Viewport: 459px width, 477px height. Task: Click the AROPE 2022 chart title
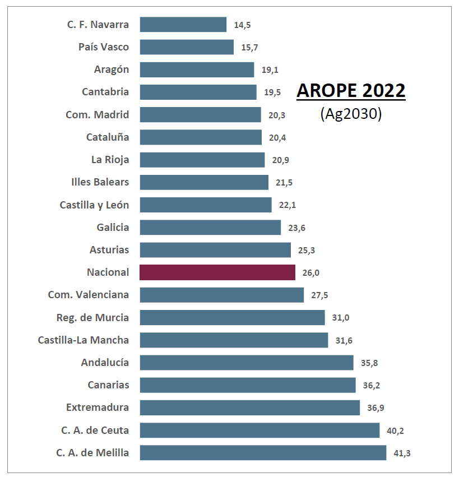point(351,90)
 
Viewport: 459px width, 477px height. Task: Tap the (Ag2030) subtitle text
point(351,113)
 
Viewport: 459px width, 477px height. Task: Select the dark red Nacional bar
point(217,272)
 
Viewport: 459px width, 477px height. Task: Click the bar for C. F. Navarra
point(183,25)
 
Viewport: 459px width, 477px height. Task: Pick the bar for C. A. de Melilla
point(263,453)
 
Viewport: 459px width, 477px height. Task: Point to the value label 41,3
point(402,453)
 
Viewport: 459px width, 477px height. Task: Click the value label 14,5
point(242,25)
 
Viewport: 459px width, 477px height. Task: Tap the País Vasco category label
point(104,47)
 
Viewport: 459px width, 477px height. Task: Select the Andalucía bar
point(247,363)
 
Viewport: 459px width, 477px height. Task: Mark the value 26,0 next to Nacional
point(311,273)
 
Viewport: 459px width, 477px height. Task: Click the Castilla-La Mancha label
point(84,340)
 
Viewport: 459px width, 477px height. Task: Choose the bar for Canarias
point(248,385)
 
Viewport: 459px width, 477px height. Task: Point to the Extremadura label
point(98,407)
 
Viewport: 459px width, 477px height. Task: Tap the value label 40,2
point(395,430)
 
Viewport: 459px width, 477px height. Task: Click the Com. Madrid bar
point(200,114)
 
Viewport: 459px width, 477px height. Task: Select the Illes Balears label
point(100,182)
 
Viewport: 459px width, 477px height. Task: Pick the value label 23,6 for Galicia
point(296,228)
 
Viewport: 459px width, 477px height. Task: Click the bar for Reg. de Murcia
point(232,317)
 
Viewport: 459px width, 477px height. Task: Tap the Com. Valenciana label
point(89,295)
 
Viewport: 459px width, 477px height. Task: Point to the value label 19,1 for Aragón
point(270,70)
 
